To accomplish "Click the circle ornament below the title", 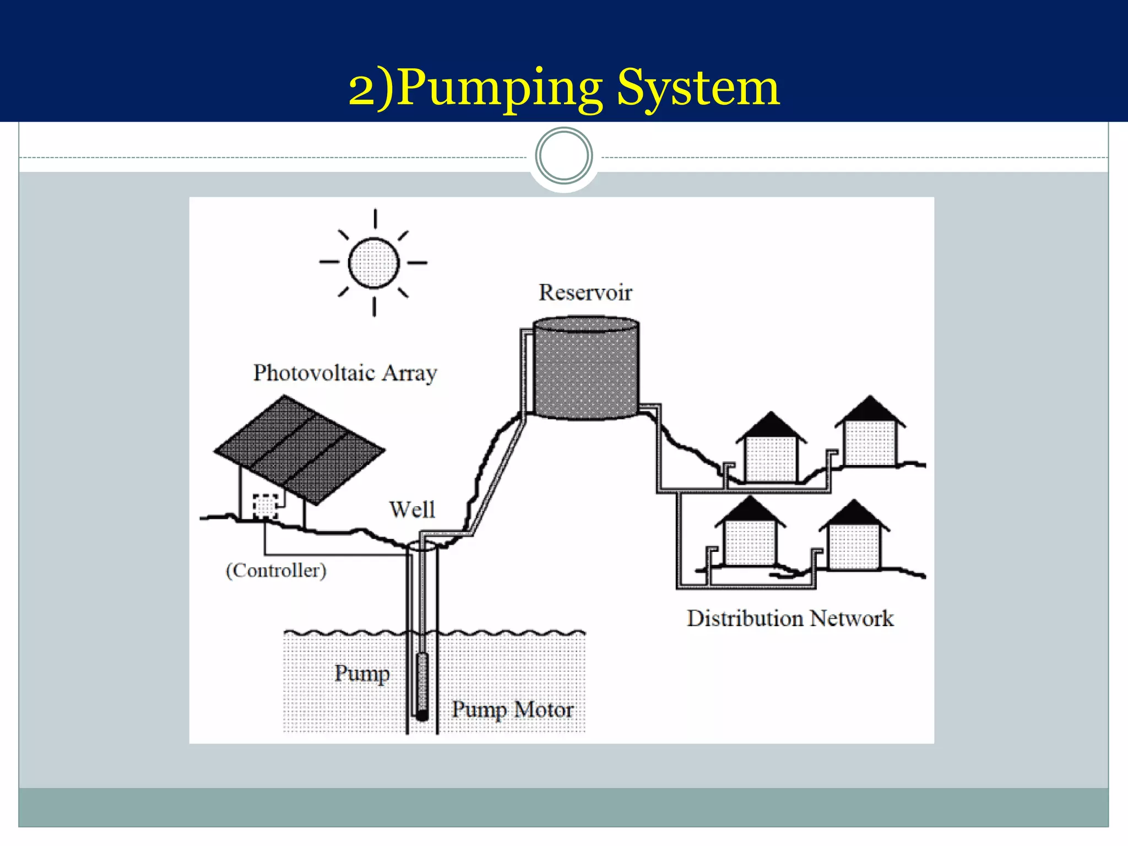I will click(x=563, y=156).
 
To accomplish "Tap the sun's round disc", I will click(x=374, y=263).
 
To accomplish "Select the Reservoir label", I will click(x=585, y=292).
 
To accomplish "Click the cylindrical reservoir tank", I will click(x=586, y=369).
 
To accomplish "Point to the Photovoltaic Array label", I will click(x=345, y=373).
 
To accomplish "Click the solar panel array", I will click(x=299, y=449).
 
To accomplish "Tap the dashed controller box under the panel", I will click(x=265, y=506).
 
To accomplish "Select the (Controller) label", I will click(x=276, y=570).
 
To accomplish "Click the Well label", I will click(x=412, y=509).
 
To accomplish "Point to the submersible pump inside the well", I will click(x=422, y=683).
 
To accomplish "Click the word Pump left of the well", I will click(x=362, y=673).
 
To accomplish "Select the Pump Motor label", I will click(x=512, y=709).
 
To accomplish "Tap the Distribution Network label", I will click(x=790, y=619).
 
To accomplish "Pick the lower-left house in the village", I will click(x=750, y=543).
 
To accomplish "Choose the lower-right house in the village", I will click(x=854, y=545).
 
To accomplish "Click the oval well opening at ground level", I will click(x=422, y=546).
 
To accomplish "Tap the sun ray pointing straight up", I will click(x=375, y=219).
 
